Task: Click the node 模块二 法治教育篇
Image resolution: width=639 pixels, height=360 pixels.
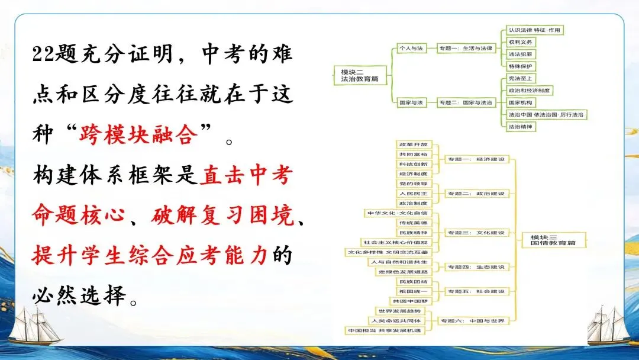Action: [x=356, y=74]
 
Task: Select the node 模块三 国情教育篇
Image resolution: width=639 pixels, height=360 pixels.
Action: [x=550, y=240]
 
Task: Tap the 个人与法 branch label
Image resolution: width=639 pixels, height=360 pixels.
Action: [x=410, y=47]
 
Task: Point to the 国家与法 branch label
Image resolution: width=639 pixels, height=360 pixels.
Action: [x=411, y=102]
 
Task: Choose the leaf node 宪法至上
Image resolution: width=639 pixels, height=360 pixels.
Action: [x=521, y=78]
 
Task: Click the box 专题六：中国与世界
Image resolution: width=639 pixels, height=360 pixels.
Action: [x=472, y=320]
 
